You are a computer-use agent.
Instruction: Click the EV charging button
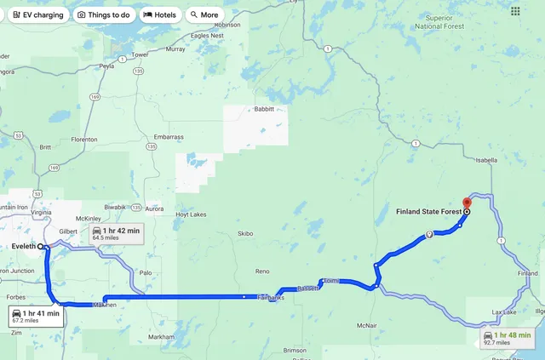click(x=38, y=14)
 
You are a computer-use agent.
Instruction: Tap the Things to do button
click(x=103, y=14)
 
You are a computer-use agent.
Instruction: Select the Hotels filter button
click(x=160, y=14)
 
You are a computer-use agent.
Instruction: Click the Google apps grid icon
click(x=515, y=12)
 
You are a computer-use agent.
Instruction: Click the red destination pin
click(x=467, y=203)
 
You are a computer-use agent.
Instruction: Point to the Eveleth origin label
click(x=23, y=245)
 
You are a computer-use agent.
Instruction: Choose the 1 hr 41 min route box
click(x=36, y=317)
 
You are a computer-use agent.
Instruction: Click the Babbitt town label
click(x=264, y=109)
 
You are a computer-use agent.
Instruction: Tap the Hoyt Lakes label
click(x=190, y=215)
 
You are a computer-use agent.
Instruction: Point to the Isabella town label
click(x=485, y=159)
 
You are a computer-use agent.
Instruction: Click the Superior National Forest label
click(x=439, y=21)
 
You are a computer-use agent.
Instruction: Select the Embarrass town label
click(x=168, y=137)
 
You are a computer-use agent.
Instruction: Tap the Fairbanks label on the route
click(x=270, y=298)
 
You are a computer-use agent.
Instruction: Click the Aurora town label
click(x=154, y=209)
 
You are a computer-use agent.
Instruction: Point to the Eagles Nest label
click(x=207, y=36)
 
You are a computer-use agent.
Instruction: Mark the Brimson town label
click(x=295, y=350)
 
